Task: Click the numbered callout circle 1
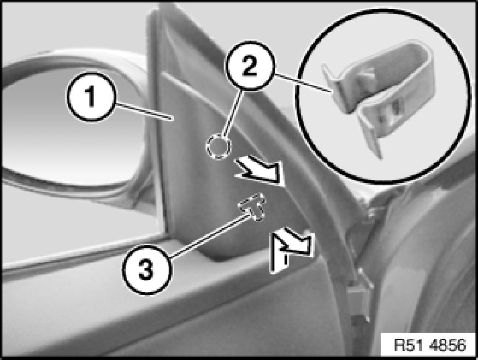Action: [91, 97]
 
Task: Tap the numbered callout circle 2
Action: [250, 66]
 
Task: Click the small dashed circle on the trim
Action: [219, 146]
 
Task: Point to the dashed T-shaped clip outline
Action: [252, 206]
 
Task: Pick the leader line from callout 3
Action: [211, 235]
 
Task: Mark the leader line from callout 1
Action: [143, 111]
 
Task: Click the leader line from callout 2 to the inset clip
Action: [303, 82]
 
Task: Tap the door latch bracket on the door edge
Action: [359, 293]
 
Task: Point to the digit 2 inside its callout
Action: [250, 66]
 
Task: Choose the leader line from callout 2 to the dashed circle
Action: [233, 114]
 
